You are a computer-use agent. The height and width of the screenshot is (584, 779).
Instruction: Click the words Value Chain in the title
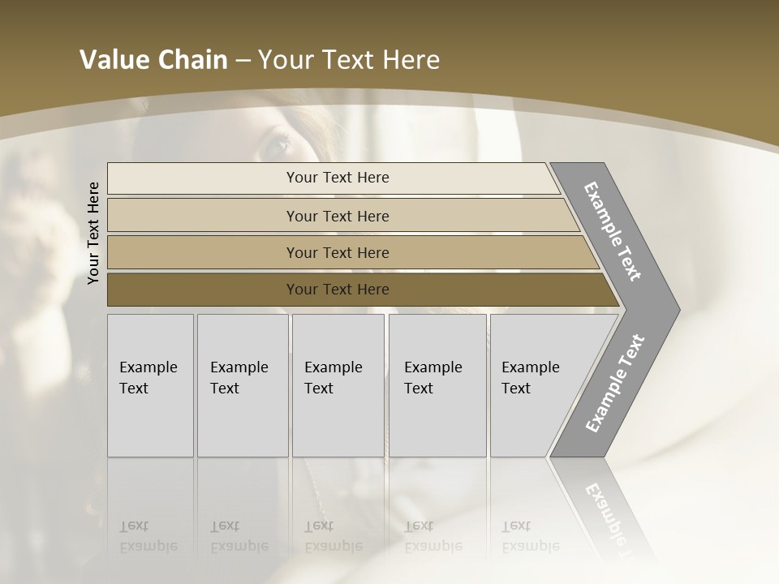(x=153, y=60)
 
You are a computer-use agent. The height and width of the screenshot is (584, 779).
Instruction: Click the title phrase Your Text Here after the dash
(x=349, y=60)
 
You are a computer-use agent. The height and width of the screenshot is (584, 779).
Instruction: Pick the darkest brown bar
(x=203, y=290)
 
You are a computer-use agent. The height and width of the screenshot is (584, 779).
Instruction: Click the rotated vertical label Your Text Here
(x=93, y=233)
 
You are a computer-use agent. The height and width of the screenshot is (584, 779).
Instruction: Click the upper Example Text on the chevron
(x=613, y=231)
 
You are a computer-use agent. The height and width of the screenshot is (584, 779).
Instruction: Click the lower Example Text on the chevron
(x=615, y=384)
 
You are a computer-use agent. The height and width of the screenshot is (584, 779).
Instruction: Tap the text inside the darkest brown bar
(x=338, y=290)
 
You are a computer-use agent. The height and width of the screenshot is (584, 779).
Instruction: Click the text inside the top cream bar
(x=338, y=178)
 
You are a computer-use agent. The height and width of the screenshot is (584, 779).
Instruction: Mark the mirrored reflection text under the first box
(x=148, y=536)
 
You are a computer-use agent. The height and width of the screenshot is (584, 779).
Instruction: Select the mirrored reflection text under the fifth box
(x=530, y=536)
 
